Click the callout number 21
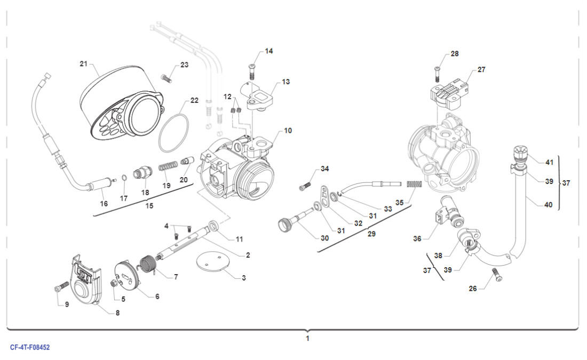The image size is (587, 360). (83, 64)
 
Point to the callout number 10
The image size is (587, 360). (288, 130)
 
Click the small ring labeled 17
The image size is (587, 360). (123, 178)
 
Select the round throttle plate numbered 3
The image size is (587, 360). (209, 262)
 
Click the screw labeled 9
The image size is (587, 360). (59, 289)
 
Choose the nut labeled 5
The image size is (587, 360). (114, 283)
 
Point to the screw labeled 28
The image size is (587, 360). (438, 72)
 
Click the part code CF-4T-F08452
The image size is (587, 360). (30, 347)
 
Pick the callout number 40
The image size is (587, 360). (548, 204)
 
